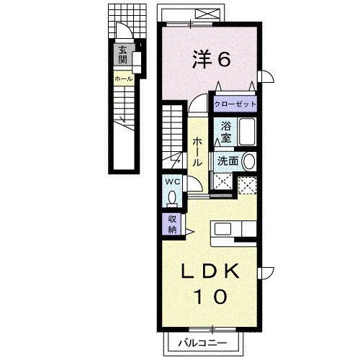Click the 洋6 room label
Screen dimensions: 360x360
[x=212, y=59]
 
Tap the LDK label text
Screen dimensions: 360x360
[x=210, y=271]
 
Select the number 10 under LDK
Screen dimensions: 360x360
[x=211, y=297]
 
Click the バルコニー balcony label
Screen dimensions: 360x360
[x=202, y=343]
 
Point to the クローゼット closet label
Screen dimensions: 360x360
[x=235, y=104]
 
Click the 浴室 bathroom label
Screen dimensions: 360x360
[x=226, y=132]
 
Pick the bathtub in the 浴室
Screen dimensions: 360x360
[x=247, y=132]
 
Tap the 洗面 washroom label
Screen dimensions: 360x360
[x=228, y=161]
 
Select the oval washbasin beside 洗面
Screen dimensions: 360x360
[x=249, y=161]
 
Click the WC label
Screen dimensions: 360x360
[x=173, y=182]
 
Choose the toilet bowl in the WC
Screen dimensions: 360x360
[x=172, y=198]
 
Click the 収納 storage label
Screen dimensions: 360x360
[x=172, y=225]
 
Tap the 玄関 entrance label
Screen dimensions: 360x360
[x=122, y=55]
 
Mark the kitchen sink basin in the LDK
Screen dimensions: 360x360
[x=222, y=229]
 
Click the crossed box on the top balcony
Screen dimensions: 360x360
[x=207, y=14]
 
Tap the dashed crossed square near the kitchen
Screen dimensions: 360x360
[x=247, y=185]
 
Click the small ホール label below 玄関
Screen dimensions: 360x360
[x=124, y=78]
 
